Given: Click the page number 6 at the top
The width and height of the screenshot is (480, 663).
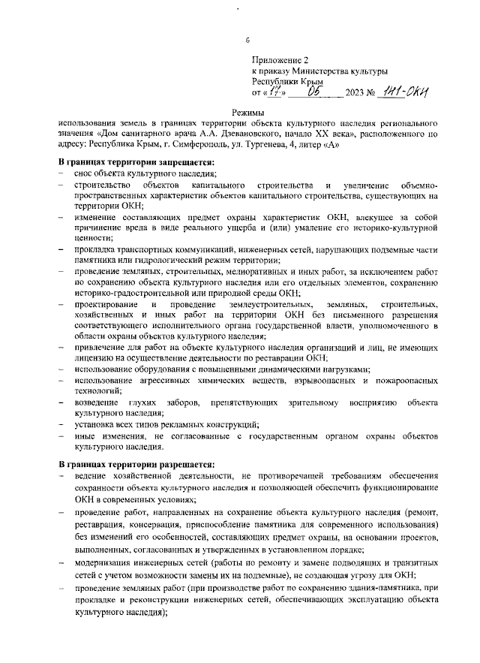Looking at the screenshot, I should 248,40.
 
